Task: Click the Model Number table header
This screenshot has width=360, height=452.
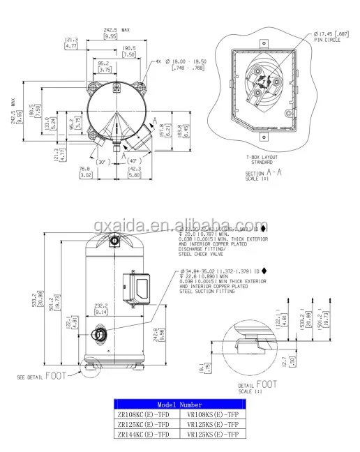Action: tap(179, 404)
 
